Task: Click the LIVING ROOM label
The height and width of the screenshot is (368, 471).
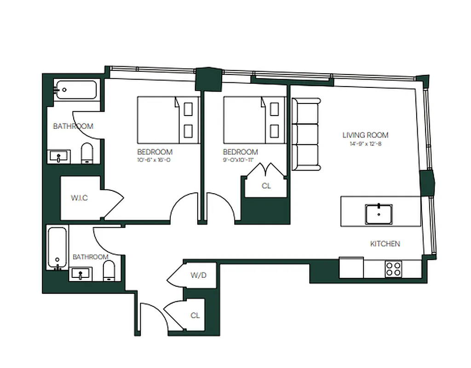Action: coord(365,135)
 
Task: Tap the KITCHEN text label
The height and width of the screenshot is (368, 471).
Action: coord(385,244)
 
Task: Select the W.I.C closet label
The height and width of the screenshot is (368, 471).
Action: coord(79,198)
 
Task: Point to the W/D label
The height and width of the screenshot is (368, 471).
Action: coord(199,276)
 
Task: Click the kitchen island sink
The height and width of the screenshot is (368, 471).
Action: coord(379,213)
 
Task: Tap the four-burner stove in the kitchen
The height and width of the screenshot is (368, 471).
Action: coord(393,269)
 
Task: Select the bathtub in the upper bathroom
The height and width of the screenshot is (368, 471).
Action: coord(76,90)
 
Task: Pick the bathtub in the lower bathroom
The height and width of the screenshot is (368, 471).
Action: coord(57,248)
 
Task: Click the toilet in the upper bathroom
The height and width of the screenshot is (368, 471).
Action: coord(87,154)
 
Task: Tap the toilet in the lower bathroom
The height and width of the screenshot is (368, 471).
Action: coord(109,271)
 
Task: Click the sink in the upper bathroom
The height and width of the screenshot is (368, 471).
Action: coord(60,157)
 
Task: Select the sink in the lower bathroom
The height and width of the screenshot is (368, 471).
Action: coord(81,275)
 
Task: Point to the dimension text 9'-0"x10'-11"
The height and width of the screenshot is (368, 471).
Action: coord(240,160)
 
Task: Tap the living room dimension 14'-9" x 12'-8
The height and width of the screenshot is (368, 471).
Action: coord(365,144)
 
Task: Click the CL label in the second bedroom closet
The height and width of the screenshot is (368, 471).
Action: coord(266,186)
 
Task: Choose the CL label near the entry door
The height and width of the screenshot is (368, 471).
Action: coord(195,316)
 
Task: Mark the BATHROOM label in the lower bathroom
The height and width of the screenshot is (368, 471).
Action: coord(91,257)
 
